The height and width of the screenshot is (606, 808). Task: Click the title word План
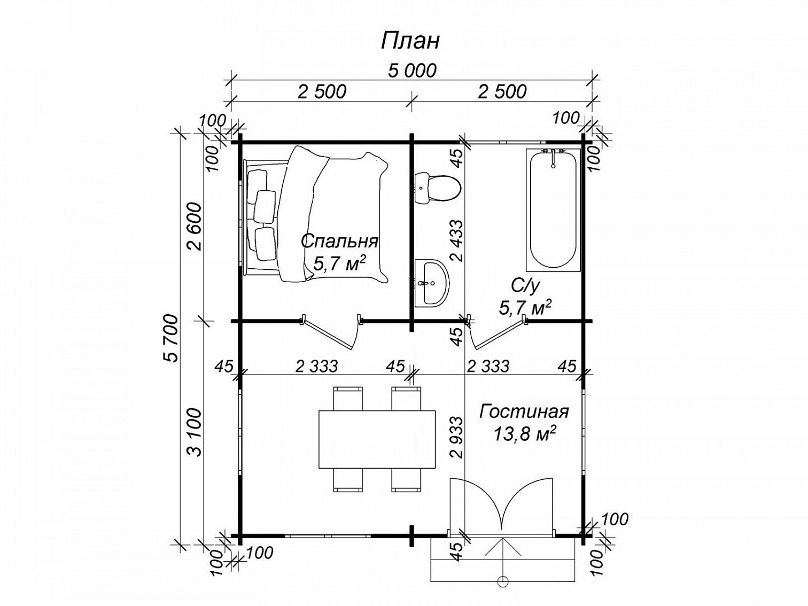point(410,41)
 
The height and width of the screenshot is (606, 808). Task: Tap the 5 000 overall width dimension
point(412,71)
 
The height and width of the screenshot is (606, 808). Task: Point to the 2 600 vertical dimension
point(195,226)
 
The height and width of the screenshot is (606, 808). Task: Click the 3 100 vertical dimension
point(195,432)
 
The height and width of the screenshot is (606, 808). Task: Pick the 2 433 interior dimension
point(456,240)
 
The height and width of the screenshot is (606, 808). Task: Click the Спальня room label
point(339,242)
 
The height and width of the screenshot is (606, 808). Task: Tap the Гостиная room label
point(524,412)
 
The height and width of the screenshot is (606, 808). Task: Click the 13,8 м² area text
point(524,434)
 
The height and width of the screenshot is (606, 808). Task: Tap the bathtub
point(553,209)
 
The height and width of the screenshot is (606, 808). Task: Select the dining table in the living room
point(377,439)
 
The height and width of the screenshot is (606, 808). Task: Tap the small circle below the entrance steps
point(502,580)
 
